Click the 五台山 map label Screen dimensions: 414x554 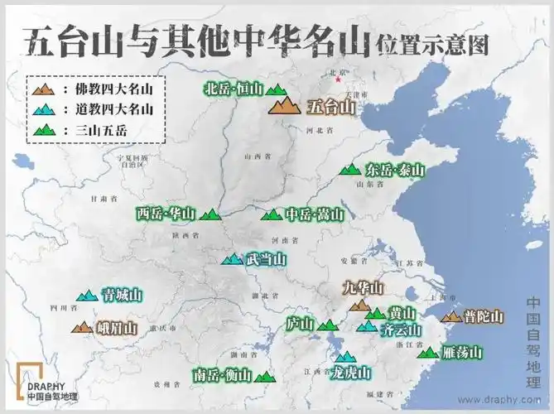point(330,107)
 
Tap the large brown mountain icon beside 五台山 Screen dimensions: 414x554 point(286,104)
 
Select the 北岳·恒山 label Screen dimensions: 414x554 point(233,89)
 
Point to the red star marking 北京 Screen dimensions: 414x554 point(336,81)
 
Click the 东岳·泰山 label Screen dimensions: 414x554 point(395,170)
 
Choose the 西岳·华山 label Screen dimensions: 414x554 point(166,214)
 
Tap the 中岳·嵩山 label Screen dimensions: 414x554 point(314,215)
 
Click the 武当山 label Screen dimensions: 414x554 point(266,259)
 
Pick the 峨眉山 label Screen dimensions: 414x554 point(117,329)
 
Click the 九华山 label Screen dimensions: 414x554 point(364,288)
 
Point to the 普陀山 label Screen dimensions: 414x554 point(483,316)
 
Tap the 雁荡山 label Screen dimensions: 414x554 point(461,353)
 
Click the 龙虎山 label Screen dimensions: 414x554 point(350,373)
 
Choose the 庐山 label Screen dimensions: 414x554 point(299,324)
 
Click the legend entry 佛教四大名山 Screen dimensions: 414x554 point(108,89)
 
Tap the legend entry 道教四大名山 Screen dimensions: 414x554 point(108,108)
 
